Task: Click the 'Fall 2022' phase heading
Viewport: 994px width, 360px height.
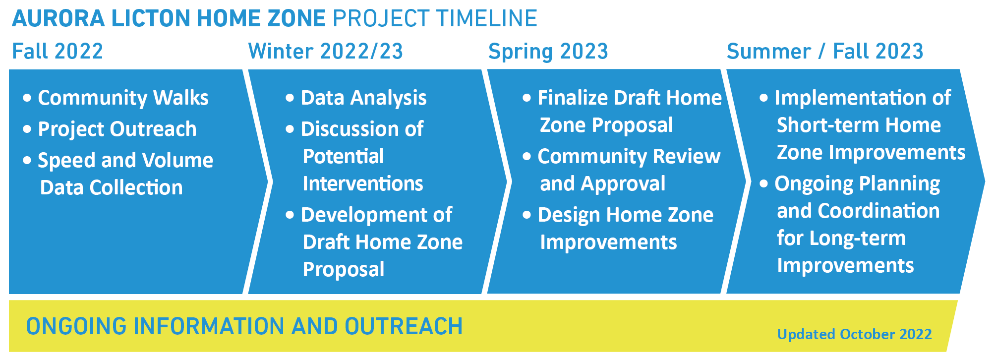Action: coord(58,51)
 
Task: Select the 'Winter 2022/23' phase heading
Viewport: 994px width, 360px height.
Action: coord(325,51)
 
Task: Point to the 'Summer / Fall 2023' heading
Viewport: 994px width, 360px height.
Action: coord(825,51)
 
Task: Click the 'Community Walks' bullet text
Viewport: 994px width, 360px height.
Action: coord(123,98)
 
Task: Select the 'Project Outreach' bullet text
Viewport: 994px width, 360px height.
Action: coord(117,129)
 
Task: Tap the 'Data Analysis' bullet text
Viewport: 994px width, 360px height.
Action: coord(364,98)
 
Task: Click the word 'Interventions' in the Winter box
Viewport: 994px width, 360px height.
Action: coord(363,183)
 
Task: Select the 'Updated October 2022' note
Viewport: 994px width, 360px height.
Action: coord(854,334)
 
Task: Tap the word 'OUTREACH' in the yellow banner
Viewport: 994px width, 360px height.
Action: coord(404,326)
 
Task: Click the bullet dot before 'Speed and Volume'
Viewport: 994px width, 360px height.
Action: coord(27,160)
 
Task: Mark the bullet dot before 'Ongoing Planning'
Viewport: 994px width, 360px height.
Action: coord(764,183)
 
